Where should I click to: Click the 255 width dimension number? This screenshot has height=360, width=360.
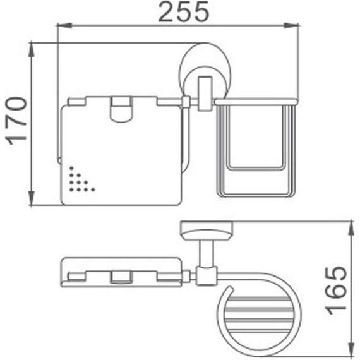(x=183, y=12)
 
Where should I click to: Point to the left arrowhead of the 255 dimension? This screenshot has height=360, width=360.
(x=62, y=26)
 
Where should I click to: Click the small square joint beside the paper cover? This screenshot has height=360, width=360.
(x=185, y=102)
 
